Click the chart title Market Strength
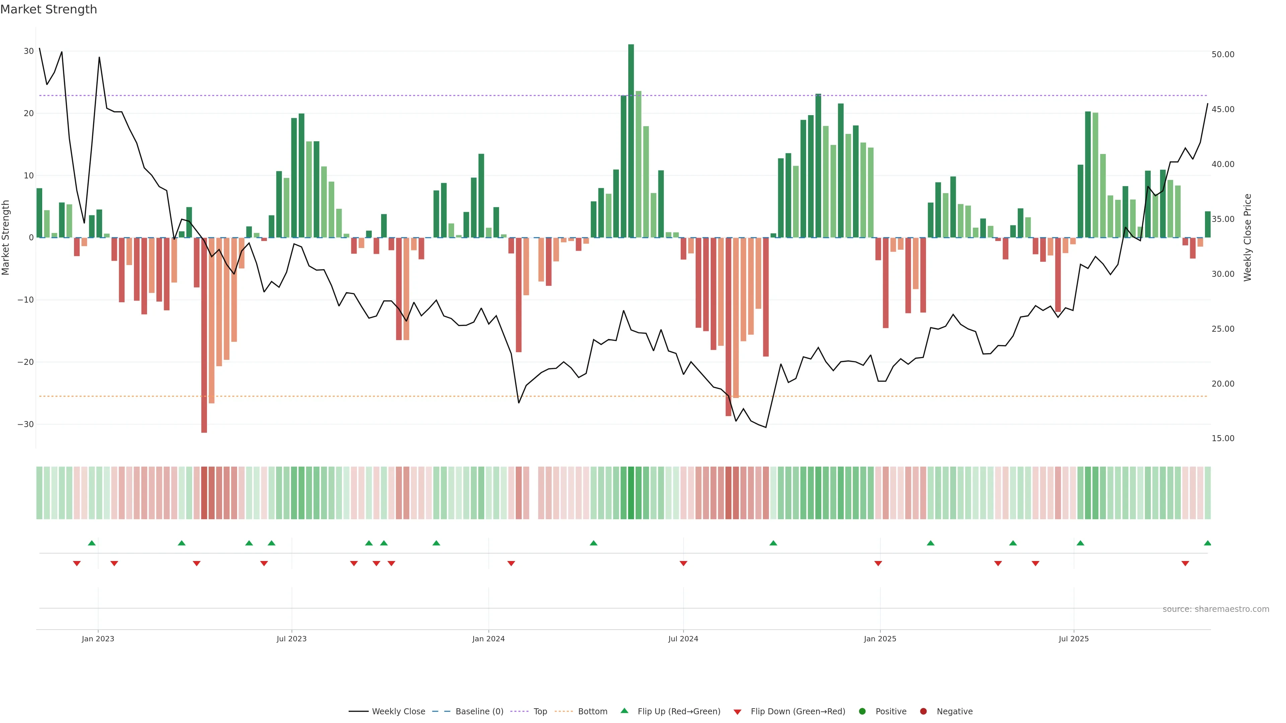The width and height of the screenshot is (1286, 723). coord(49,9)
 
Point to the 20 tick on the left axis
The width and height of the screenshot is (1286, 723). coord(28,113)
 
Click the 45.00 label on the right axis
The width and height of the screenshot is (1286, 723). coord(1223,109)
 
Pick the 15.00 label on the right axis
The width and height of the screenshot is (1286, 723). coord(1223,438)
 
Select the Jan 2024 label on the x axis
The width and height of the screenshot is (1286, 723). coord(488,639)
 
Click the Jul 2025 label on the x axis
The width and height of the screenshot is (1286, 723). coord(1073,639)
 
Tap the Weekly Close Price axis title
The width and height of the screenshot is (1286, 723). coord(1247,238)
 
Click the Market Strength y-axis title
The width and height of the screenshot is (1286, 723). coord(6,238)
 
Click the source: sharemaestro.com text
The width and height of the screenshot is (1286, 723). coord(1216,609)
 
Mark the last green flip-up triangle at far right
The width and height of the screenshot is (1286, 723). coord(1207,543)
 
